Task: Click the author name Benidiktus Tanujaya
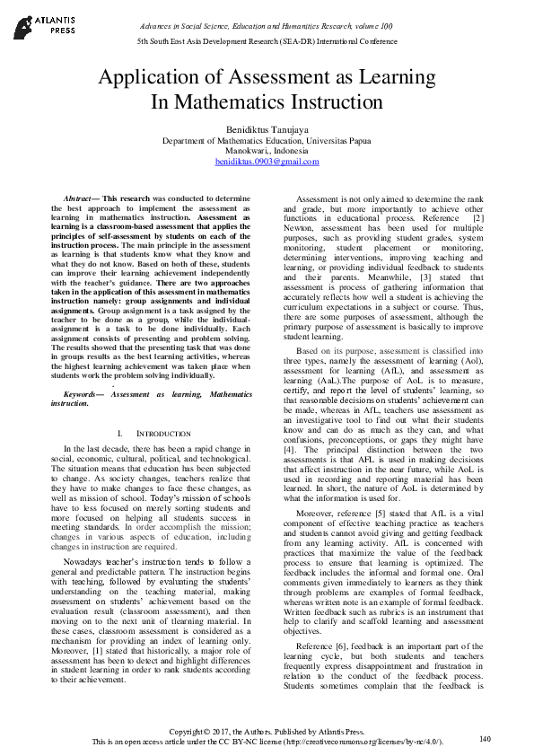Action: coord(267,129)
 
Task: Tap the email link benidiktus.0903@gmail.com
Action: coord(267,162)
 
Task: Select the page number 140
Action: coord(486,738)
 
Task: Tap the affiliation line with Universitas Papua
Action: coord(267,141)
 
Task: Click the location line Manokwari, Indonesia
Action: coord(267,151)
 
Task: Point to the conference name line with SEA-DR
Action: coord(267,42)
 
